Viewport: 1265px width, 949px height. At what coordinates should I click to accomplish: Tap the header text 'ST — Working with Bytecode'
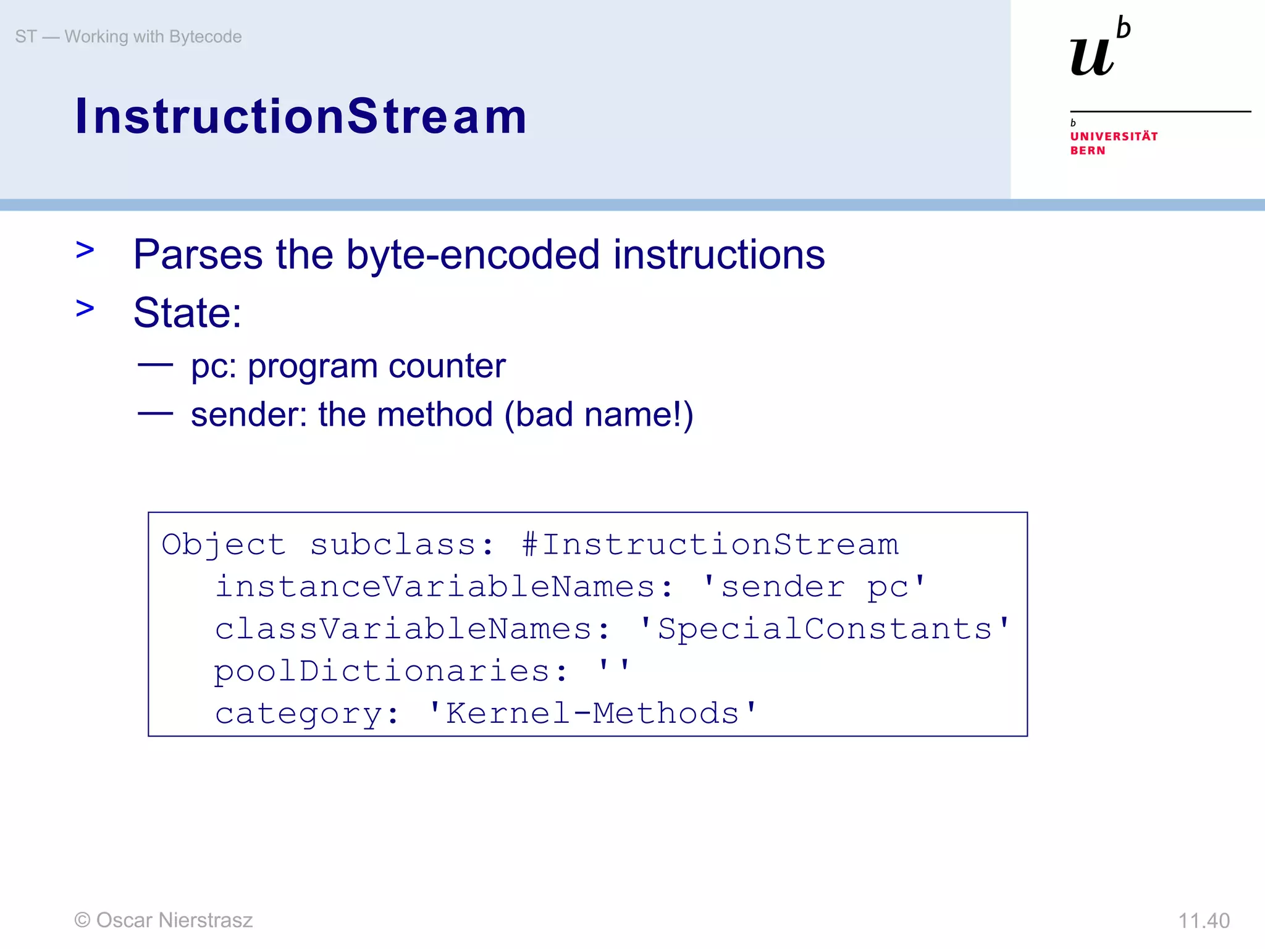[128, 36]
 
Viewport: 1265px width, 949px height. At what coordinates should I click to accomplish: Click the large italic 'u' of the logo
[1092, 57]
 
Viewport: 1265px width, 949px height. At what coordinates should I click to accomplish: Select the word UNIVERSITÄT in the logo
[1114, 136]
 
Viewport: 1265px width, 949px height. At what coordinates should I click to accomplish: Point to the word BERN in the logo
[1088, 151]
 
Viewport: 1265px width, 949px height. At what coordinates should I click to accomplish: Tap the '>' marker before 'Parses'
[85, 250]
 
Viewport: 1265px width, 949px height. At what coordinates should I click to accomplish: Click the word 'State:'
[187, 313]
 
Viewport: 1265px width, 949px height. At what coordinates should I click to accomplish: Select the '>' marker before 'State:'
[85, 308]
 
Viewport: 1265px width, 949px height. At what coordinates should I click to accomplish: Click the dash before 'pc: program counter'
[155, 365]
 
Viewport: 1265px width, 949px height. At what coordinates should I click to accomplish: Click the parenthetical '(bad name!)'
[599, 415]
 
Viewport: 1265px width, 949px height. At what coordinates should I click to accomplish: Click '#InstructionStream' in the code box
[710, 544]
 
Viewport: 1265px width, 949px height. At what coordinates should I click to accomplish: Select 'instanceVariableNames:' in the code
[444, 586]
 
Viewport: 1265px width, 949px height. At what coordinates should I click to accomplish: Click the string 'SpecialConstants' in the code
[824, 629]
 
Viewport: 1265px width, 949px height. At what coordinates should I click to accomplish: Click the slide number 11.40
[1203, 921]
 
